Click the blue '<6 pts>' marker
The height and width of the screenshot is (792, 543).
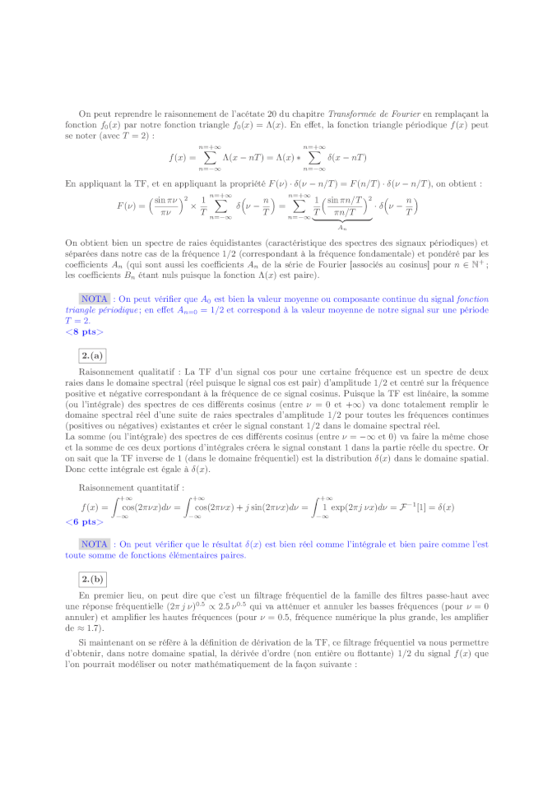(85, 521)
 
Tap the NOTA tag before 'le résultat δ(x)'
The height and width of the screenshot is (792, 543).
(95, 544)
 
